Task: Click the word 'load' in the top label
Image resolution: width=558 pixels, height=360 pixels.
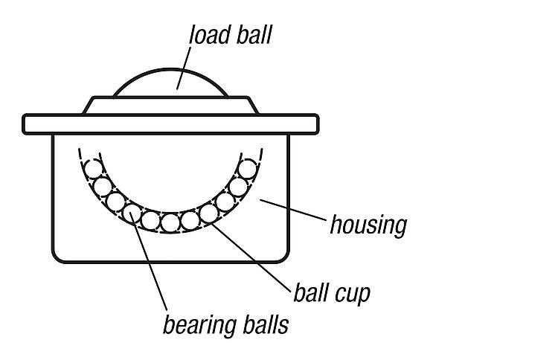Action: point(210,34)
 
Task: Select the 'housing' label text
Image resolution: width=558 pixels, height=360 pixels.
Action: point(368,225)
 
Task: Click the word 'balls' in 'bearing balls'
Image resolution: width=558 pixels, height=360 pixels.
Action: point(266,324)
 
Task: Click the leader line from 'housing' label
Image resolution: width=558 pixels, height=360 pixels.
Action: point(293,210)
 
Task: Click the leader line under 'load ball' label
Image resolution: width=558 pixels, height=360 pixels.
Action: point(183,68)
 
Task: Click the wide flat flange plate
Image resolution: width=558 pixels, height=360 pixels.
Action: point(170,124)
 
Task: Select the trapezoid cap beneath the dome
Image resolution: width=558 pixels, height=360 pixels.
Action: point(170,106)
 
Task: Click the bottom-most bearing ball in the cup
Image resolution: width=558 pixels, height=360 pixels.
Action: point(170,223)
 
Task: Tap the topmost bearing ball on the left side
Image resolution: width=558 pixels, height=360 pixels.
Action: point(93,169)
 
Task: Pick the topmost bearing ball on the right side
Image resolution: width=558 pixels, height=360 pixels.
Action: point(247,169)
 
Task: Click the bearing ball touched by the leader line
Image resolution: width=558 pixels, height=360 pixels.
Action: point(132,213)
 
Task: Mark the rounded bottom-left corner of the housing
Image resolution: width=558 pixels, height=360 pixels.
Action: point(58,257)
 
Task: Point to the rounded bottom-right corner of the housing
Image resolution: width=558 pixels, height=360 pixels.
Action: point(283,257)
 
